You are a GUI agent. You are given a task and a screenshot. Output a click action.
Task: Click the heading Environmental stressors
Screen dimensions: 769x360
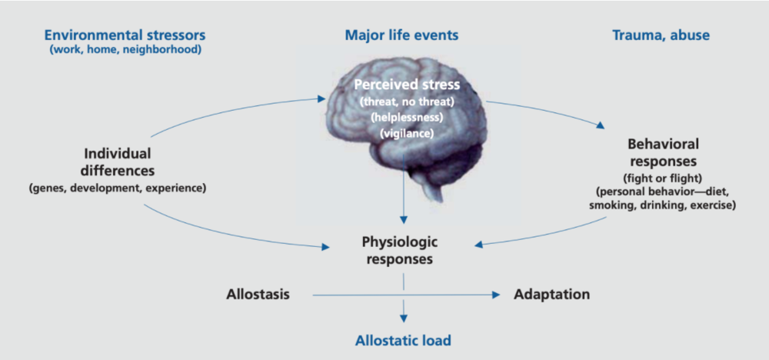125,35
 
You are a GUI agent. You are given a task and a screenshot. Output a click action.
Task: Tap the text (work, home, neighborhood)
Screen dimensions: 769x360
125,50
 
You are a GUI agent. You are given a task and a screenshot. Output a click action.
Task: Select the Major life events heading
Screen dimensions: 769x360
401,35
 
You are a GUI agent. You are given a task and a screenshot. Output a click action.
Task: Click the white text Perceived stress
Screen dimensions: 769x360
407,85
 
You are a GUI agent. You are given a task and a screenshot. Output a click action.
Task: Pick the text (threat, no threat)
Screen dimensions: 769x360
407,103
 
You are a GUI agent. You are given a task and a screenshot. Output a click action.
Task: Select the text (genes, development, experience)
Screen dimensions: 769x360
117,188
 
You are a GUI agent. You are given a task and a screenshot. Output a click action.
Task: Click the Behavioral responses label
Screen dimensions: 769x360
663,152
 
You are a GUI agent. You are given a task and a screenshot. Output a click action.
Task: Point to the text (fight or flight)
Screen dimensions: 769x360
663,177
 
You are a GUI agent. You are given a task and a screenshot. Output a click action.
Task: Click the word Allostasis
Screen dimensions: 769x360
258,295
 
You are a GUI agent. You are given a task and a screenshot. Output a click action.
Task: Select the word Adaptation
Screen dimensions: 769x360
551,295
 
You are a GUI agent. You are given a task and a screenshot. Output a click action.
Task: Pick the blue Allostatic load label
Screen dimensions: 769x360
403,340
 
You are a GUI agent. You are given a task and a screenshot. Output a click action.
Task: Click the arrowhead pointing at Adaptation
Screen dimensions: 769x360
496,295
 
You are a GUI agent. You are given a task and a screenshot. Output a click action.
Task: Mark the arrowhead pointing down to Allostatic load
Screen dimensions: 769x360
404,318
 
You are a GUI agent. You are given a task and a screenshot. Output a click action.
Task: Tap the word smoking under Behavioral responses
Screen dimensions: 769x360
611,205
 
